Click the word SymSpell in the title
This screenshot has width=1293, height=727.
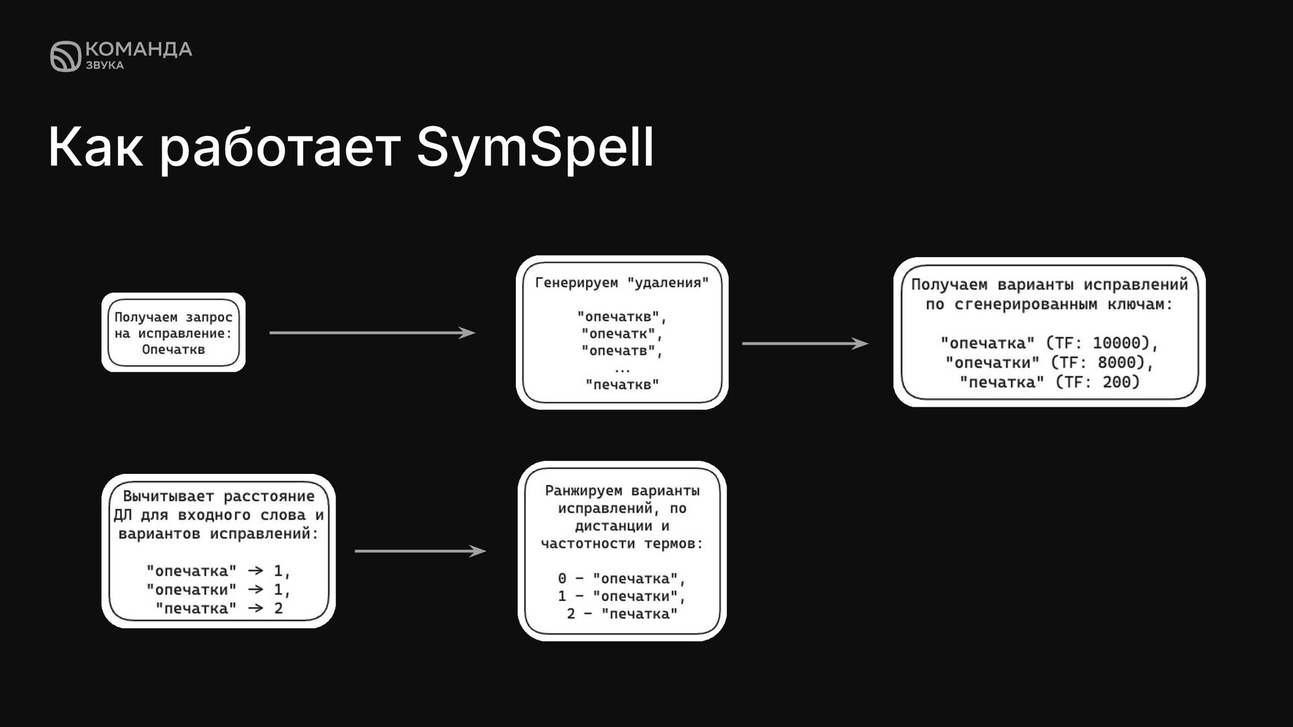(x=535, y=147)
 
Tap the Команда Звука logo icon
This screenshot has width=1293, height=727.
(x=65, y=57)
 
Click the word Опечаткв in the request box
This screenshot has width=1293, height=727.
(x=173, y=349)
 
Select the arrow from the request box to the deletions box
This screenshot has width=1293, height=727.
(x=372, y=333)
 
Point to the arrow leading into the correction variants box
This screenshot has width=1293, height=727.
(x=805, y=343)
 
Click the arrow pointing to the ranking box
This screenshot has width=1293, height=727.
(x=420, y=551)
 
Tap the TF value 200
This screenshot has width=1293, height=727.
(x=1121, y=382)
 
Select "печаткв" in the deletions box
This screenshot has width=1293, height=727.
(x=622, y=385)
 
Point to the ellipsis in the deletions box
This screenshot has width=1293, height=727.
(x=622, y=368)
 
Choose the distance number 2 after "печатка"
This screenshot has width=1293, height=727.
(x=278, y=608)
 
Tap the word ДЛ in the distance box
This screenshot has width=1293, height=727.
(x=123, y=515)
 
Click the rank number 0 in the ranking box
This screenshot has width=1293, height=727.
(x=562, y=578)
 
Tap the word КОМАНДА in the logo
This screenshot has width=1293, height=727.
(x=139, y=49)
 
